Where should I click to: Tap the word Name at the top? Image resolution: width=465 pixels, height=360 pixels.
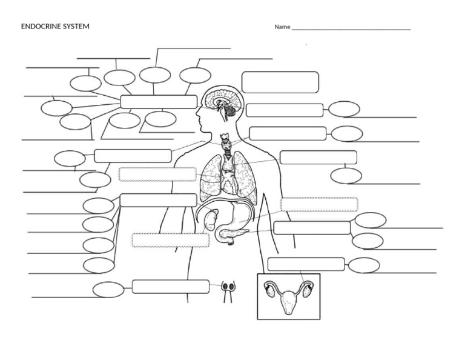click(x=282, y=27)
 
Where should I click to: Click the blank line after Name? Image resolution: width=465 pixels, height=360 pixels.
click(x=351, y=29)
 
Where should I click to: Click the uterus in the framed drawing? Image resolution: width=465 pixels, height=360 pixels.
click(x=289, y=299)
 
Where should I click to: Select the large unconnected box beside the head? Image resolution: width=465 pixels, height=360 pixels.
click(x=280, y=82)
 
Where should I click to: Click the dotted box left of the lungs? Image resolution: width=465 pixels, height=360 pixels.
click(x=157, y=175)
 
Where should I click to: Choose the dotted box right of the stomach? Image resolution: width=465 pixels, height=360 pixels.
click(x=319, y=204)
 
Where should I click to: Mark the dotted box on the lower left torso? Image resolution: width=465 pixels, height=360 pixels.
click(x=171, y=240)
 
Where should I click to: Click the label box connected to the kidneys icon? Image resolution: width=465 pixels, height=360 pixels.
click(x=170, y=286)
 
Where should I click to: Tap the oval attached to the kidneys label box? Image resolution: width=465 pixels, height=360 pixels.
click(x=108, y=290)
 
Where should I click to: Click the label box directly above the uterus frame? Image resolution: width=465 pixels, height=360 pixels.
click(x=306, y=264)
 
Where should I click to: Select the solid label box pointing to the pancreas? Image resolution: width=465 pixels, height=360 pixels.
click(x=312, y=228)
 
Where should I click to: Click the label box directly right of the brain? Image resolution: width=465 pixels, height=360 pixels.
click(x=284, y=110)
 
